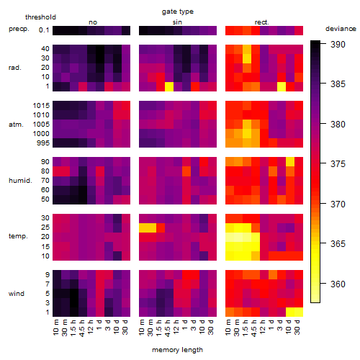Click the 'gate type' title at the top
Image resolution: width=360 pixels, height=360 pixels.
[178, 12]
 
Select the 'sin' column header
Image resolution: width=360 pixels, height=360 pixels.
[177, 22]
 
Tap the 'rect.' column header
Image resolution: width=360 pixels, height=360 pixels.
[261, 22]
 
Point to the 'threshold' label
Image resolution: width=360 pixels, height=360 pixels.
[40, 17]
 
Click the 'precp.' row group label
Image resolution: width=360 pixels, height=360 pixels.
[19, 29]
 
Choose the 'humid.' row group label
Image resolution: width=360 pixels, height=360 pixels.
[20, 181]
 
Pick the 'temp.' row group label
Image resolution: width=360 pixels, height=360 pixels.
[18, 236]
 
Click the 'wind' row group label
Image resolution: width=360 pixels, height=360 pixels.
[17, 294]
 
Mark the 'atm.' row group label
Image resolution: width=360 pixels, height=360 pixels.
[16, 125]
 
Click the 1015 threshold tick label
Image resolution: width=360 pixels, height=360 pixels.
[41, 105]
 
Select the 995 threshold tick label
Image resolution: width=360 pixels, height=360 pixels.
[43, 143]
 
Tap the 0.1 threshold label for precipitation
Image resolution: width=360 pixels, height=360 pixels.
[44, 30]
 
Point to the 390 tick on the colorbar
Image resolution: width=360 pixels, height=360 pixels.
[338, 45]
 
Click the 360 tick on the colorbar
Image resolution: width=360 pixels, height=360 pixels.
[338, 284]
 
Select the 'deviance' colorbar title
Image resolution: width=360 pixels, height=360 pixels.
[341, 29]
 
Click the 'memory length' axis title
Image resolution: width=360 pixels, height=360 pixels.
[178, 350]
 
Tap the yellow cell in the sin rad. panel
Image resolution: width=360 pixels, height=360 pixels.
[169, 86]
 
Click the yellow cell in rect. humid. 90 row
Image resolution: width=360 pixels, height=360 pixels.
[290, 162]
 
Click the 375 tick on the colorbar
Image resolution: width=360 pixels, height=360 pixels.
[338, 164]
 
